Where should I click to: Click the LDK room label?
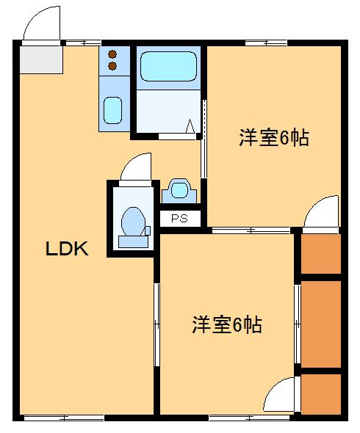tap(67, 249)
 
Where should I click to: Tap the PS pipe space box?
tap(179, 218)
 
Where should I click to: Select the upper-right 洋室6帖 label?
tap(272, 137)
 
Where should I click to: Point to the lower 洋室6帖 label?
tap(227, 324)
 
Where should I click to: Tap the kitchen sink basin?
tap(112, 111)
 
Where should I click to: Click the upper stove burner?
tap(112, 54)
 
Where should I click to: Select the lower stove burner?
tap(112, 66)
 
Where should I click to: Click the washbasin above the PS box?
tap(179, 190)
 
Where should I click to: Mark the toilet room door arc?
tap(137, 168)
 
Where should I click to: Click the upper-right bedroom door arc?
tap(323, 213)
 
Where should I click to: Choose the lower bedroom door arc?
tap(281, 397)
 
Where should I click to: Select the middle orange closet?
tap(321, 323)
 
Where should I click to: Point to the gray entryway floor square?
tap(42, 59)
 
